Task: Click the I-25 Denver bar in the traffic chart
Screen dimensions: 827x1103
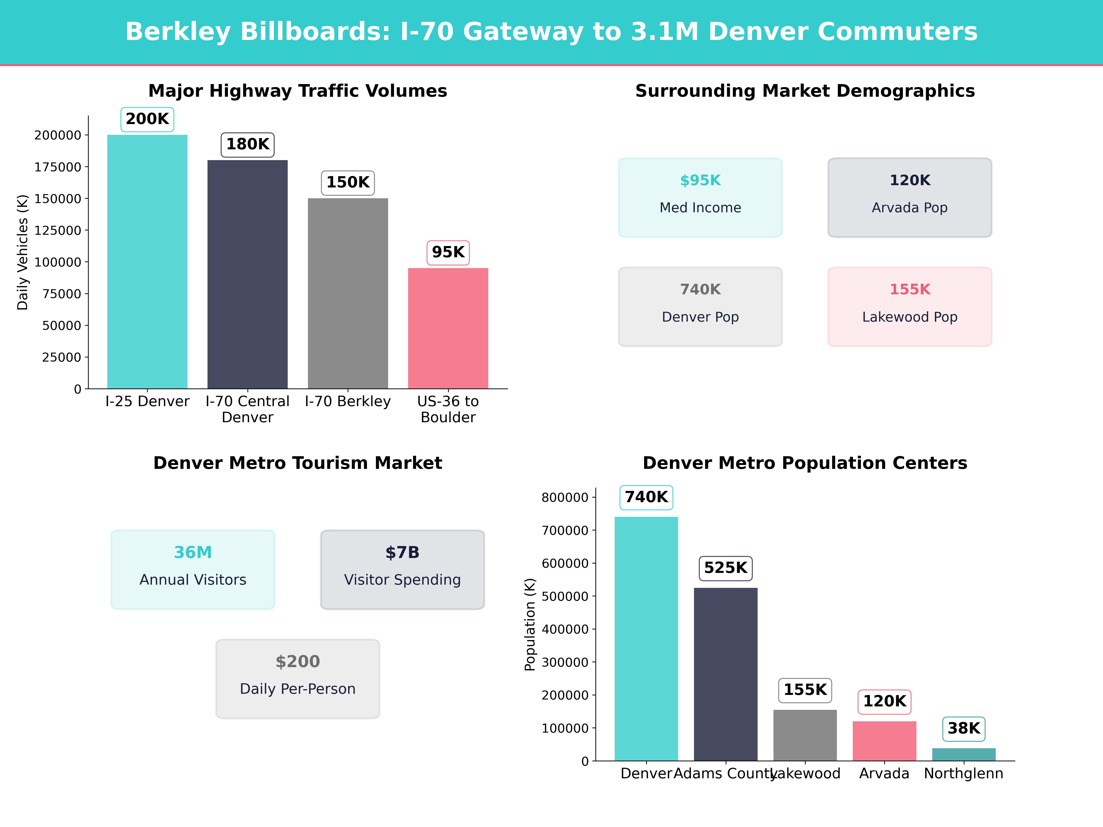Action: tap(147, 262)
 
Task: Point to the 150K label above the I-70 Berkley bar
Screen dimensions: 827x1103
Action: tap(347, 182)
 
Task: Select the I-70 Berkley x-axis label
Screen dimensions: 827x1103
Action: tap(347, 401)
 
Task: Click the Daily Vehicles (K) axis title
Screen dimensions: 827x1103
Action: tap(23, 252)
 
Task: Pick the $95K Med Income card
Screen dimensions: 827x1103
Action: tap(700, 197)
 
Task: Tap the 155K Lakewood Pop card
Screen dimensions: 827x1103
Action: tap(910, 307)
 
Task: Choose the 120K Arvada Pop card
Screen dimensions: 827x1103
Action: tap(910, 197)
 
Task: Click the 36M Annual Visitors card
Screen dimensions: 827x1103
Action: tap(193, 569)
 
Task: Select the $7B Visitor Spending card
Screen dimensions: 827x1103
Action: tap(402, 569)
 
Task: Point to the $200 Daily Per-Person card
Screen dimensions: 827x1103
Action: tap(298, 678)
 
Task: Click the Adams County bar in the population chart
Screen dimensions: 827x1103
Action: tap(725, 674)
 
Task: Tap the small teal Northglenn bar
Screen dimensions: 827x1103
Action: tap(963, 754)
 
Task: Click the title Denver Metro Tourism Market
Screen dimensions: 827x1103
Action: tap(298, 463)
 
